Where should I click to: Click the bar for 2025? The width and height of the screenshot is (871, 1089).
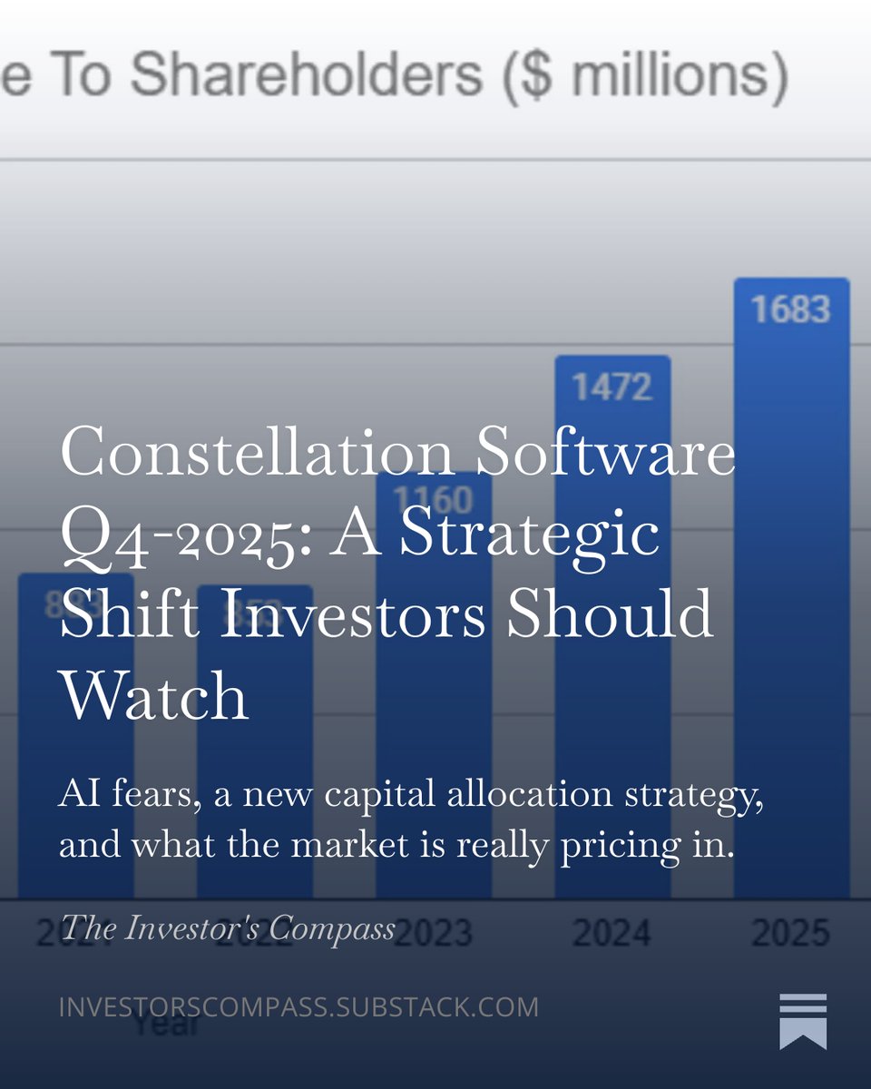pyautogui.click(x=791, y=635)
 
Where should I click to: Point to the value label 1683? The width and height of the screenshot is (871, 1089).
pyautogui.click(x=790, y=309)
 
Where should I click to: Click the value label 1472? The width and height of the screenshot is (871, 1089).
pyautogui.click(x=612, y=388)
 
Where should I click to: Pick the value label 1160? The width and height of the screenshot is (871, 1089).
pyautogui.click(x=434, y=500)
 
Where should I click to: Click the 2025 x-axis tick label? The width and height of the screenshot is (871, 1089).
pyautogui.click(x=790, y=933)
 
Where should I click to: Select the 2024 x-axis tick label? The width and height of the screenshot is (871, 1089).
pyautogui.click(x=612, y=933)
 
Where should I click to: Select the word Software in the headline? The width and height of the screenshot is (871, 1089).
pyautogui.click(x=607, y=452)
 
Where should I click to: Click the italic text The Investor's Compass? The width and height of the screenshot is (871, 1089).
pyautogui.click(x=227, y=928)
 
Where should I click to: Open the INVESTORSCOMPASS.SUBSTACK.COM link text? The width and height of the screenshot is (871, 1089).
pyautogui.click(x=298, y=1007)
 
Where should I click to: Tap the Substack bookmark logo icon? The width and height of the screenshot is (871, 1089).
pyautogui.click(x=803, y=1022)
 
